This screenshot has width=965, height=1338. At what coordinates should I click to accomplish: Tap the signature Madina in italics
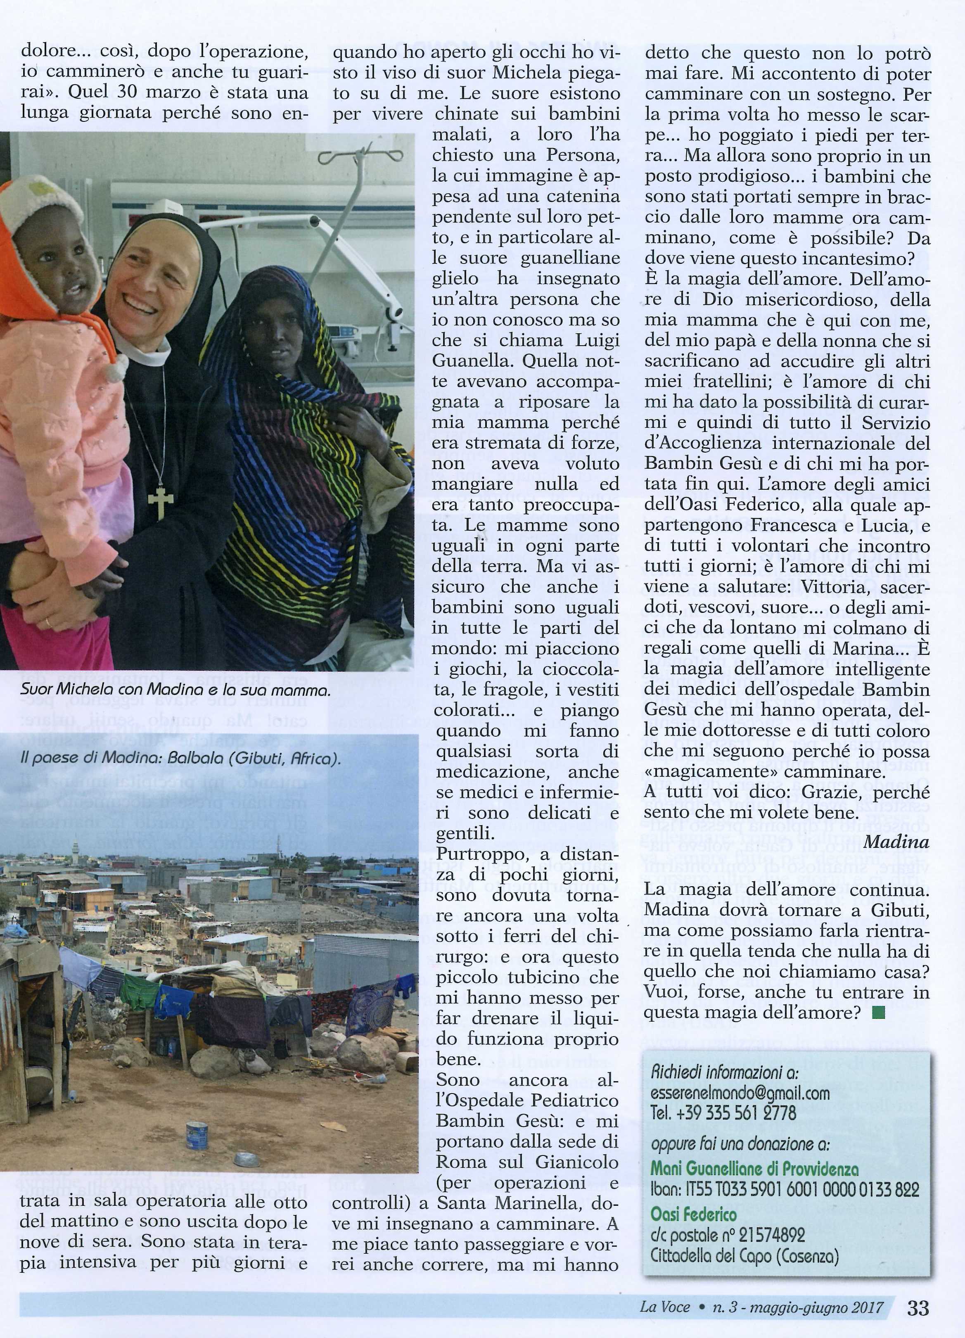tap(896, 842)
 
